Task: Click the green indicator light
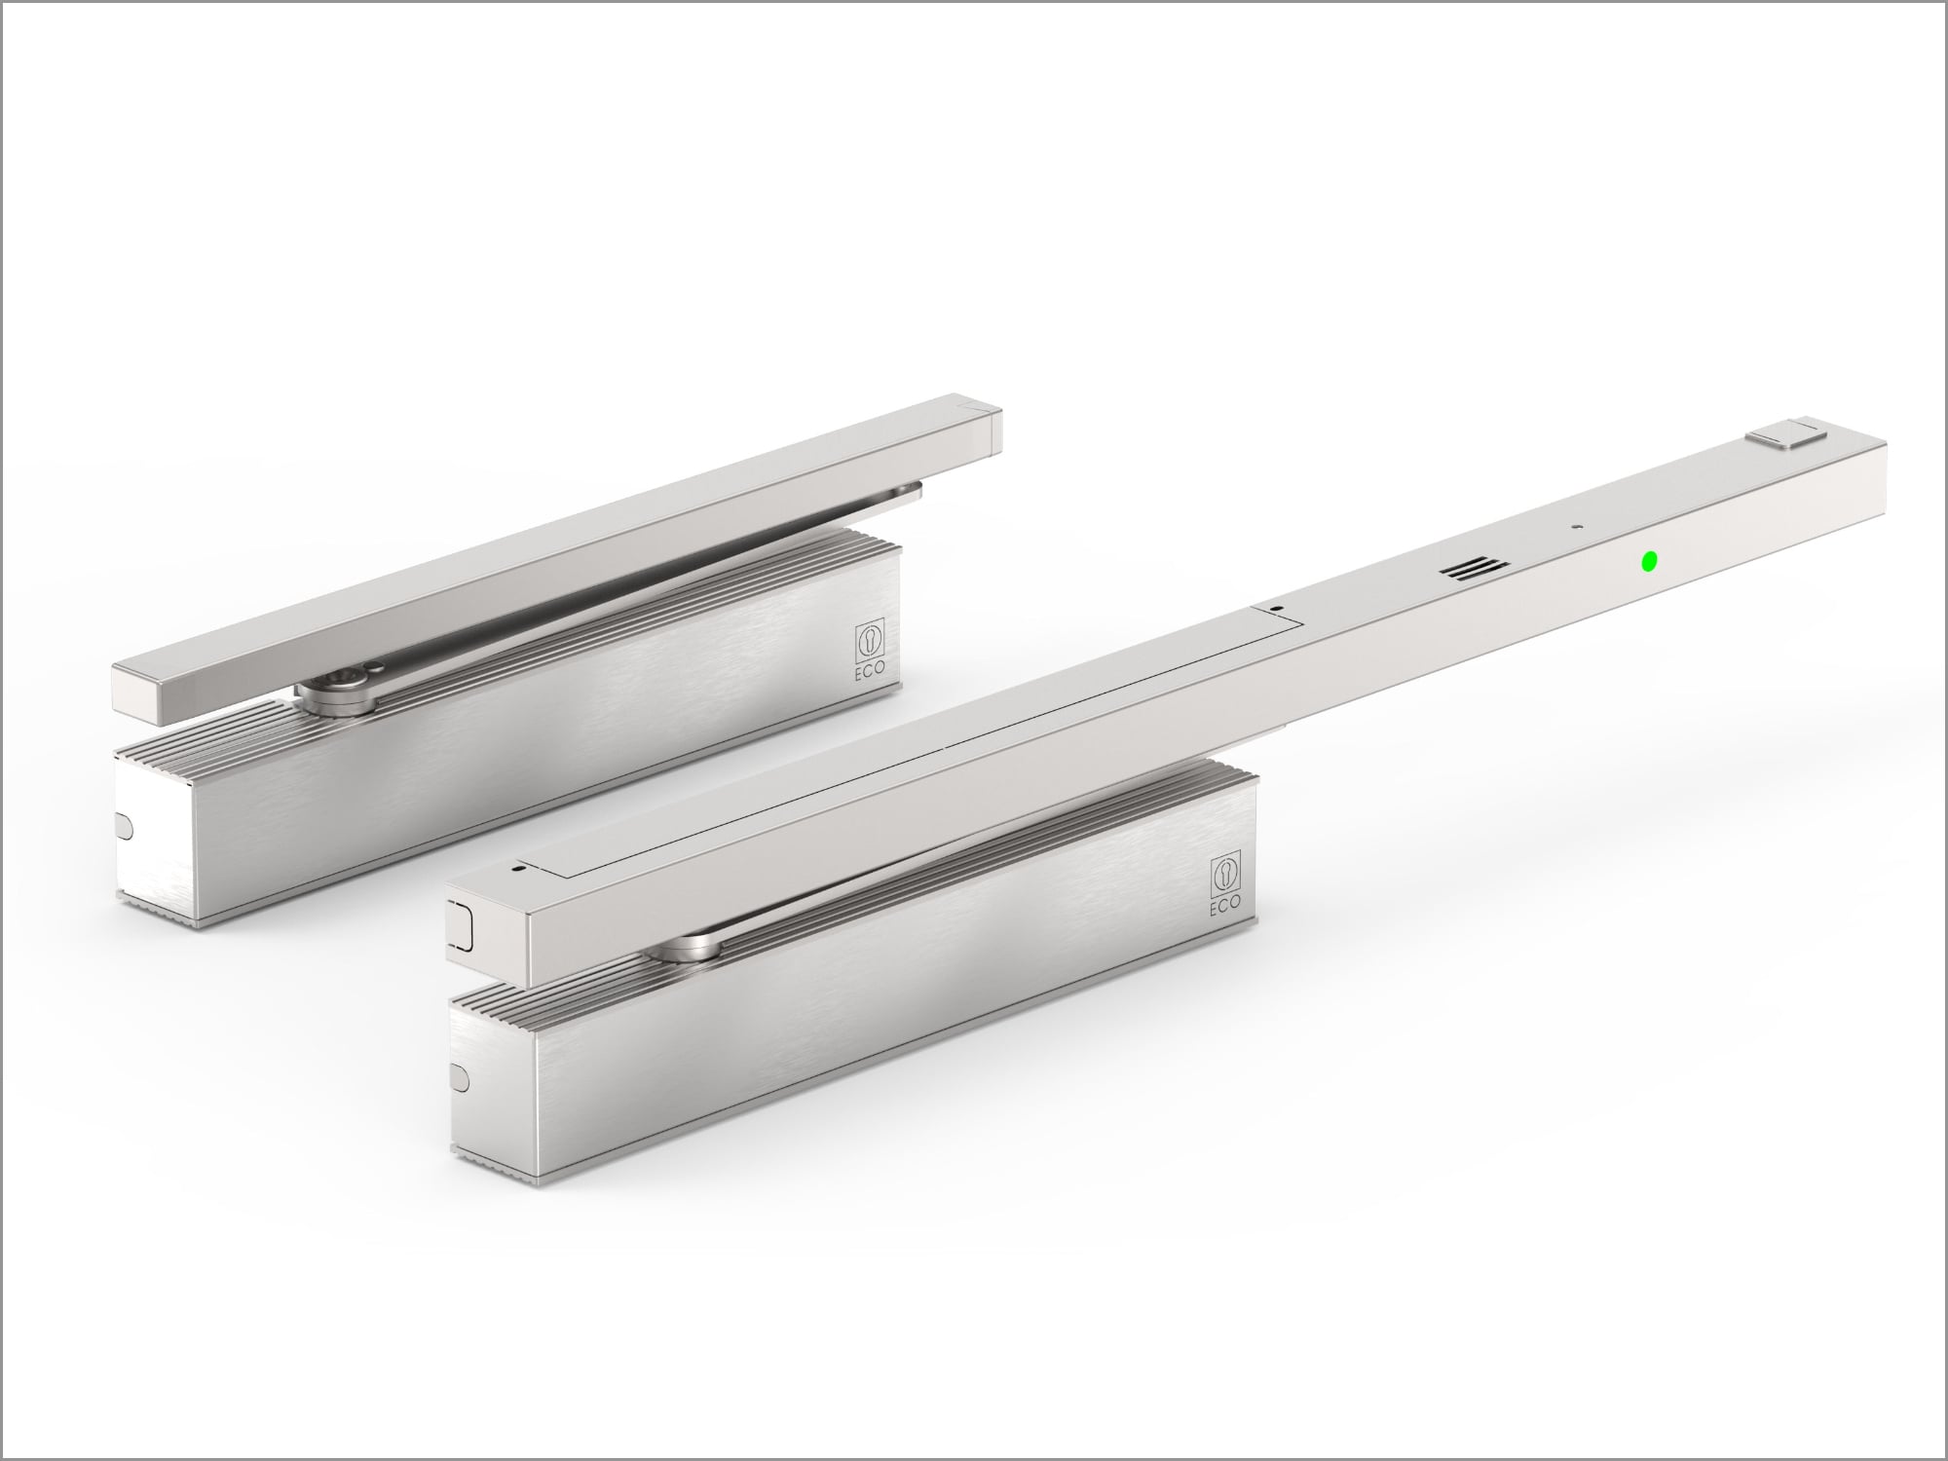(x=1649, y=561)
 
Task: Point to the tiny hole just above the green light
(x=1574, y=527)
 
